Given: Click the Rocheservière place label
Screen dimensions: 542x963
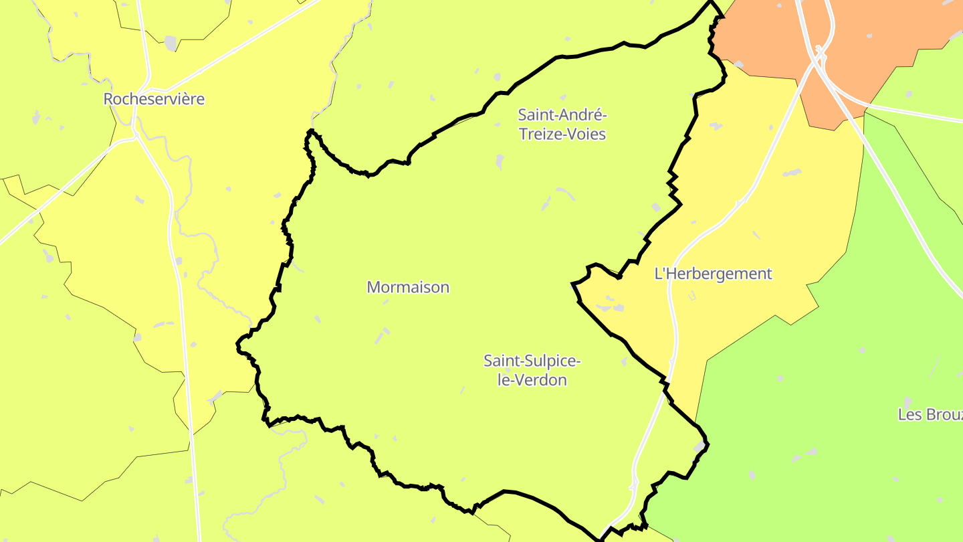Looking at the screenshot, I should coord(154,99).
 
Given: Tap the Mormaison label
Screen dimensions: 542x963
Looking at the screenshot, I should coord(408,287).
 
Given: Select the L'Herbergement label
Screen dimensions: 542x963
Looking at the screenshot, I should coord(713,274).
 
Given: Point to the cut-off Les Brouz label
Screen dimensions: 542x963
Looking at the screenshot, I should coord(930,414).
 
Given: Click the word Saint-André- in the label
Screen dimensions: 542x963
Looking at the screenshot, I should coord(562,115).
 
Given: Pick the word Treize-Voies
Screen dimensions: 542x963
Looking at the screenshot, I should coord(562,134).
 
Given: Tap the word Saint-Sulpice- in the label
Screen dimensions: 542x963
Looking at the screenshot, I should coord(532,361).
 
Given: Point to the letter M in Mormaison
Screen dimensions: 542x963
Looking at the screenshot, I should coord(373,287).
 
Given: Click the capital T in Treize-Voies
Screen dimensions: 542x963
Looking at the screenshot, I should coord(523,134).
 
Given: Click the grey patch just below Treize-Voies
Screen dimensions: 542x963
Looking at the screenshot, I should coord(500,161).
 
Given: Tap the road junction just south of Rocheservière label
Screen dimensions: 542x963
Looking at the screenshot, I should coord(136,134).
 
